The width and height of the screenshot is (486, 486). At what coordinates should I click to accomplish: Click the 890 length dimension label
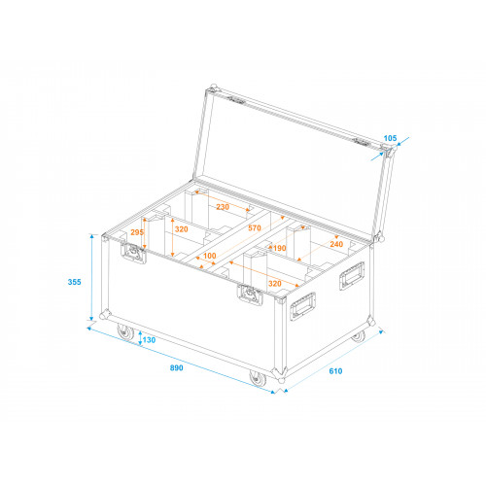(x=177, y=367)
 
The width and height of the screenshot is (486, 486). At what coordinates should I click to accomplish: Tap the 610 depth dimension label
(x=335, y=371)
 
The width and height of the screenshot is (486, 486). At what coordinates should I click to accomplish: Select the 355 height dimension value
(x=74, y=282)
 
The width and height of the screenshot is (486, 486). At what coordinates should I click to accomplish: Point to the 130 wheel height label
(x=149, y=340)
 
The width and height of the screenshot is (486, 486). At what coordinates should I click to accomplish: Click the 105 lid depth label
(x=390, y=138)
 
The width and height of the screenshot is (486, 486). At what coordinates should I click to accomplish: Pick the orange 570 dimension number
(x=255, y=228)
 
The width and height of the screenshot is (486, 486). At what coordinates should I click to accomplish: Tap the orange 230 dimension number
(x=223, y=207)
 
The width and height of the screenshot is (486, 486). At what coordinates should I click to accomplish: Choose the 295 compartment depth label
(x=137, y=232)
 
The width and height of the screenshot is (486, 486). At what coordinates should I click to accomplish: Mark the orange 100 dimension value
(x=210, y=256)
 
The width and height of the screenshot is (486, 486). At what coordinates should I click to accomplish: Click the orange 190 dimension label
(x=280, y=248)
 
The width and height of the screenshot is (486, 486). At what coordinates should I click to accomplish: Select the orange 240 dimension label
(x=336, y=244)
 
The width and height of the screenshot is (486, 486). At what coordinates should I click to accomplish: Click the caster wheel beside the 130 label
(x=125, y=332)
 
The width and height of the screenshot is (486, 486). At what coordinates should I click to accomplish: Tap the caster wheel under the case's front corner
(x=258, y=378)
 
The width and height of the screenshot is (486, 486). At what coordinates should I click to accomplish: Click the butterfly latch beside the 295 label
(x=133, y=252)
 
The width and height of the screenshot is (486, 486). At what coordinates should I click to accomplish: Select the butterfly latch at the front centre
(x=250, y=295)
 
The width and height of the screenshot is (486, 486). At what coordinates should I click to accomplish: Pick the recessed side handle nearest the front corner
(x=302, y=306)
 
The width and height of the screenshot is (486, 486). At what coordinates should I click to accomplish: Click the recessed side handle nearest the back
(x=352, y=276)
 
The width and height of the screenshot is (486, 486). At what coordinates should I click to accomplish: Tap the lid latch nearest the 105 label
(x=363, y=142)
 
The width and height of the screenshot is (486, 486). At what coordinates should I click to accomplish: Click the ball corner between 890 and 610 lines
(x=281, y=380)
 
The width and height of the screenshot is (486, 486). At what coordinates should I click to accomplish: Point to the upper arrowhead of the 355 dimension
(x=92, y=236)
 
